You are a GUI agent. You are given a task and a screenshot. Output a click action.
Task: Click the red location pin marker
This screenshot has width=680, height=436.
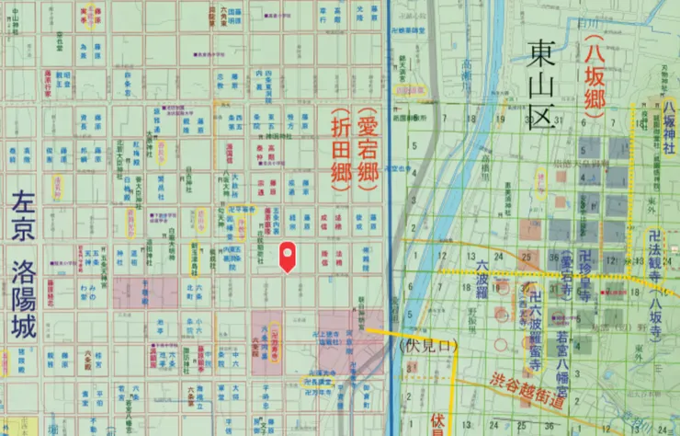click(288, 255)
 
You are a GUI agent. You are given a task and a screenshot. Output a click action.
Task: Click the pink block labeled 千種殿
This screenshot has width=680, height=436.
click(143, 293)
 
